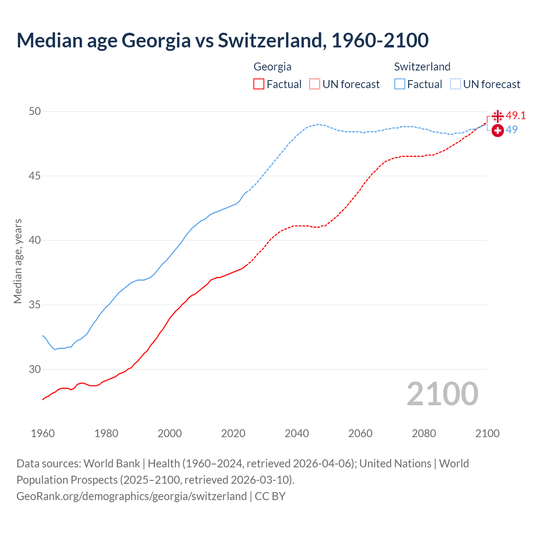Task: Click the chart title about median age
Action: tap(222, 40)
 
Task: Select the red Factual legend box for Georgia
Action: tap(259, 84)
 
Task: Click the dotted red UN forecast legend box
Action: tap(315, 84)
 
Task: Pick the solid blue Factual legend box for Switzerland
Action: tap(400, 84)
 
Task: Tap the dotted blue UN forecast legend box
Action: tap(455, 84)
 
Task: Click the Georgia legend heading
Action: tap(272, 67)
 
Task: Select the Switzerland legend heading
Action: tap(422, 67)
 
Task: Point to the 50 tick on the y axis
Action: tap(35, 111)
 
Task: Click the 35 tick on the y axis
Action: tap(35, 305)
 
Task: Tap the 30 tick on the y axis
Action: tap(35, 369)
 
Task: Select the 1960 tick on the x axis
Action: tap(43, 433)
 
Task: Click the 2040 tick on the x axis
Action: tap(297, 433)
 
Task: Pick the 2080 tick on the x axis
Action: tap(424, 433)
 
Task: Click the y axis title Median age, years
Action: tap(18, 261)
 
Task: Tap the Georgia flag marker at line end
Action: tap(498, 116)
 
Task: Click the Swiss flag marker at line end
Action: tap(498, 130)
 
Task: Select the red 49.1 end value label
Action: tap(516, 115)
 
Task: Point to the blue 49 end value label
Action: tap(511, 130)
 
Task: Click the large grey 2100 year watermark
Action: tap(442, 394)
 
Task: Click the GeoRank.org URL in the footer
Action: tap(131, 496)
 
